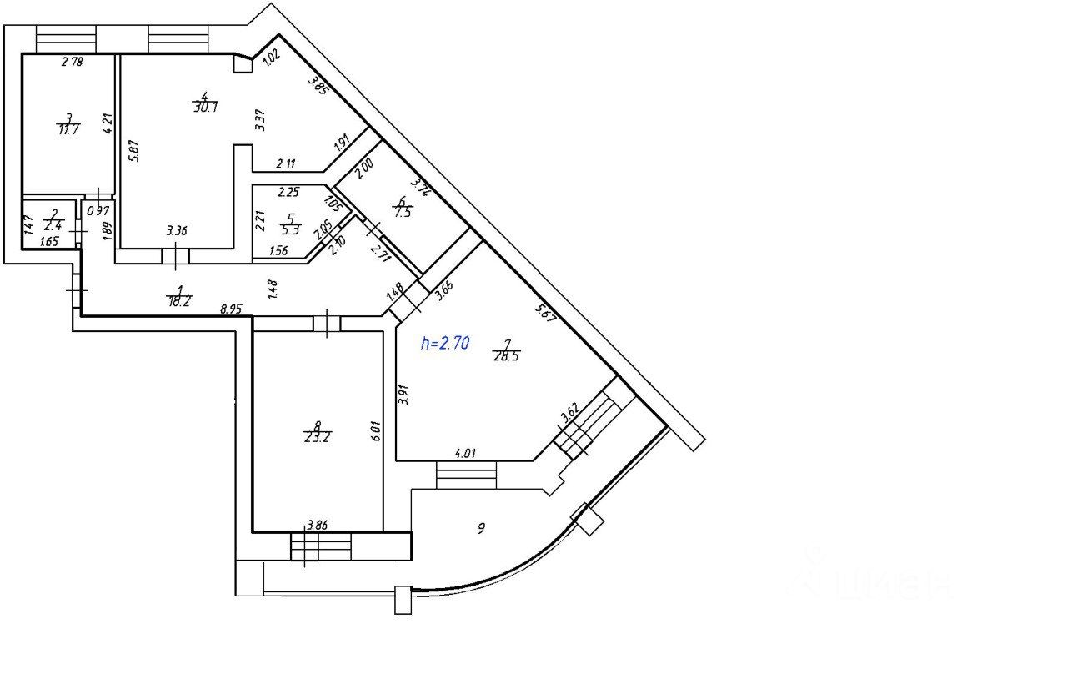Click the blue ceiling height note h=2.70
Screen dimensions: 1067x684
coord(445,343)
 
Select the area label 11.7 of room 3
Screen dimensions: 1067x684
coord(68,129)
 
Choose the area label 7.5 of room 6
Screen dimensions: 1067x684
coord(404,212)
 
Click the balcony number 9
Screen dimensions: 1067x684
coord(481,527)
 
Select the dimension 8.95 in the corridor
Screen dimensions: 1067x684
coord(231,309)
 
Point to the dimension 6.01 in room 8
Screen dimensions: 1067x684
coord(376,430)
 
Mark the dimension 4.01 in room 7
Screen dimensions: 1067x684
coord(465,455)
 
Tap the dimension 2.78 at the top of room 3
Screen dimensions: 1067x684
coord(73,61)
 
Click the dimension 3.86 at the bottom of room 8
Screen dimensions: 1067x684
coord(317,525)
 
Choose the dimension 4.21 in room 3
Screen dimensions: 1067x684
coord(106,124)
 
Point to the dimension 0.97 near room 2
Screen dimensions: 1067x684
coord(98,210)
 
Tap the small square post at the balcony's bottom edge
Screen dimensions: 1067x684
coord(403,600)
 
